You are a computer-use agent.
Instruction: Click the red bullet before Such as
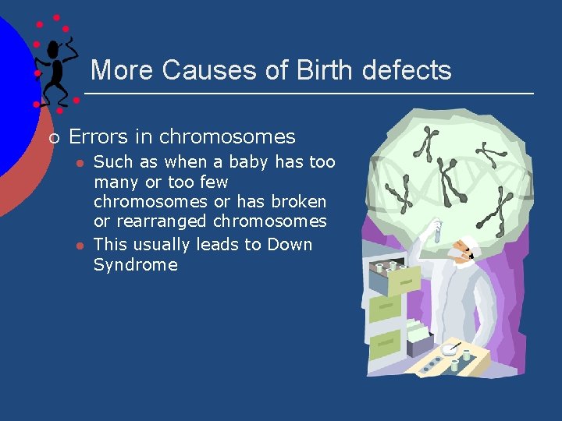click(79, 163)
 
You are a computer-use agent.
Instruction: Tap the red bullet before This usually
click(79, 246)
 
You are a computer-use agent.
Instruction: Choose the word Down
click(290, 244)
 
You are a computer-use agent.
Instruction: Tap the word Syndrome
click(135, 265)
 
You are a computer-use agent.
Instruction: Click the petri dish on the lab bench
click(450, 350)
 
